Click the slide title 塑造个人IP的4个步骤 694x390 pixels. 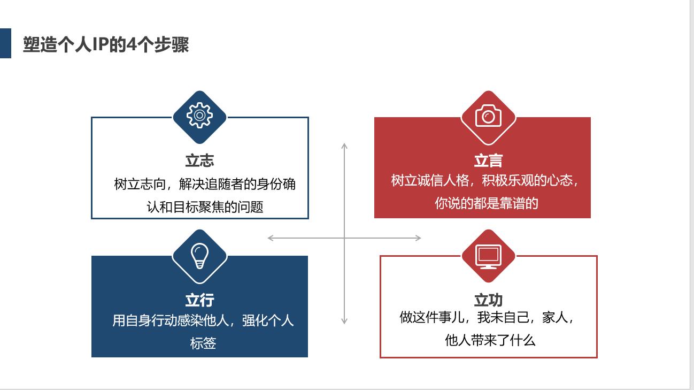(x=106, y=44)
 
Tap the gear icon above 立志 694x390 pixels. (x=199, y=116)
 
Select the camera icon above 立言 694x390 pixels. (x=488, y=116)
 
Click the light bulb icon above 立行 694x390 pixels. (x=199, y=256)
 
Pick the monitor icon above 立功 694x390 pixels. (x=488, y=256)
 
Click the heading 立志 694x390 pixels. (x=199, y=160)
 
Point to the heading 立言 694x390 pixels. (x=488, y=160)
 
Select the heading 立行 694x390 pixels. (x=199, y=300)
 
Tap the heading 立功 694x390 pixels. (x=488, y=300)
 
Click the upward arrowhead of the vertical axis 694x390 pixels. (x=344, y=146)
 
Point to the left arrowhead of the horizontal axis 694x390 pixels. (x=271, y=238)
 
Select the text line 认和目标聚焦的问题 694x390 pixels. (x=205, y=207)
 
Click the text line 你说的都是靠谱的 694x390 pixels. (x=486, y=203)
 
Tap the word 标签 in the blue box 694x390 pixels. (x=203, y=343)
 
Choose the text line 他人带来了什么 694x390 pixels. (x=490, y=340)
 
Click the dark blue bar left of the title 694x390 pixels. (x=5, y=43)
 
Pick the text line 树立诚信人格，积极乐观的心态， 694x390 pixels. (x=485, y=180)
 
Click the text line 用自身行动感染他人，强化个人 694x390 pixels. (x=203, y=320)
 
